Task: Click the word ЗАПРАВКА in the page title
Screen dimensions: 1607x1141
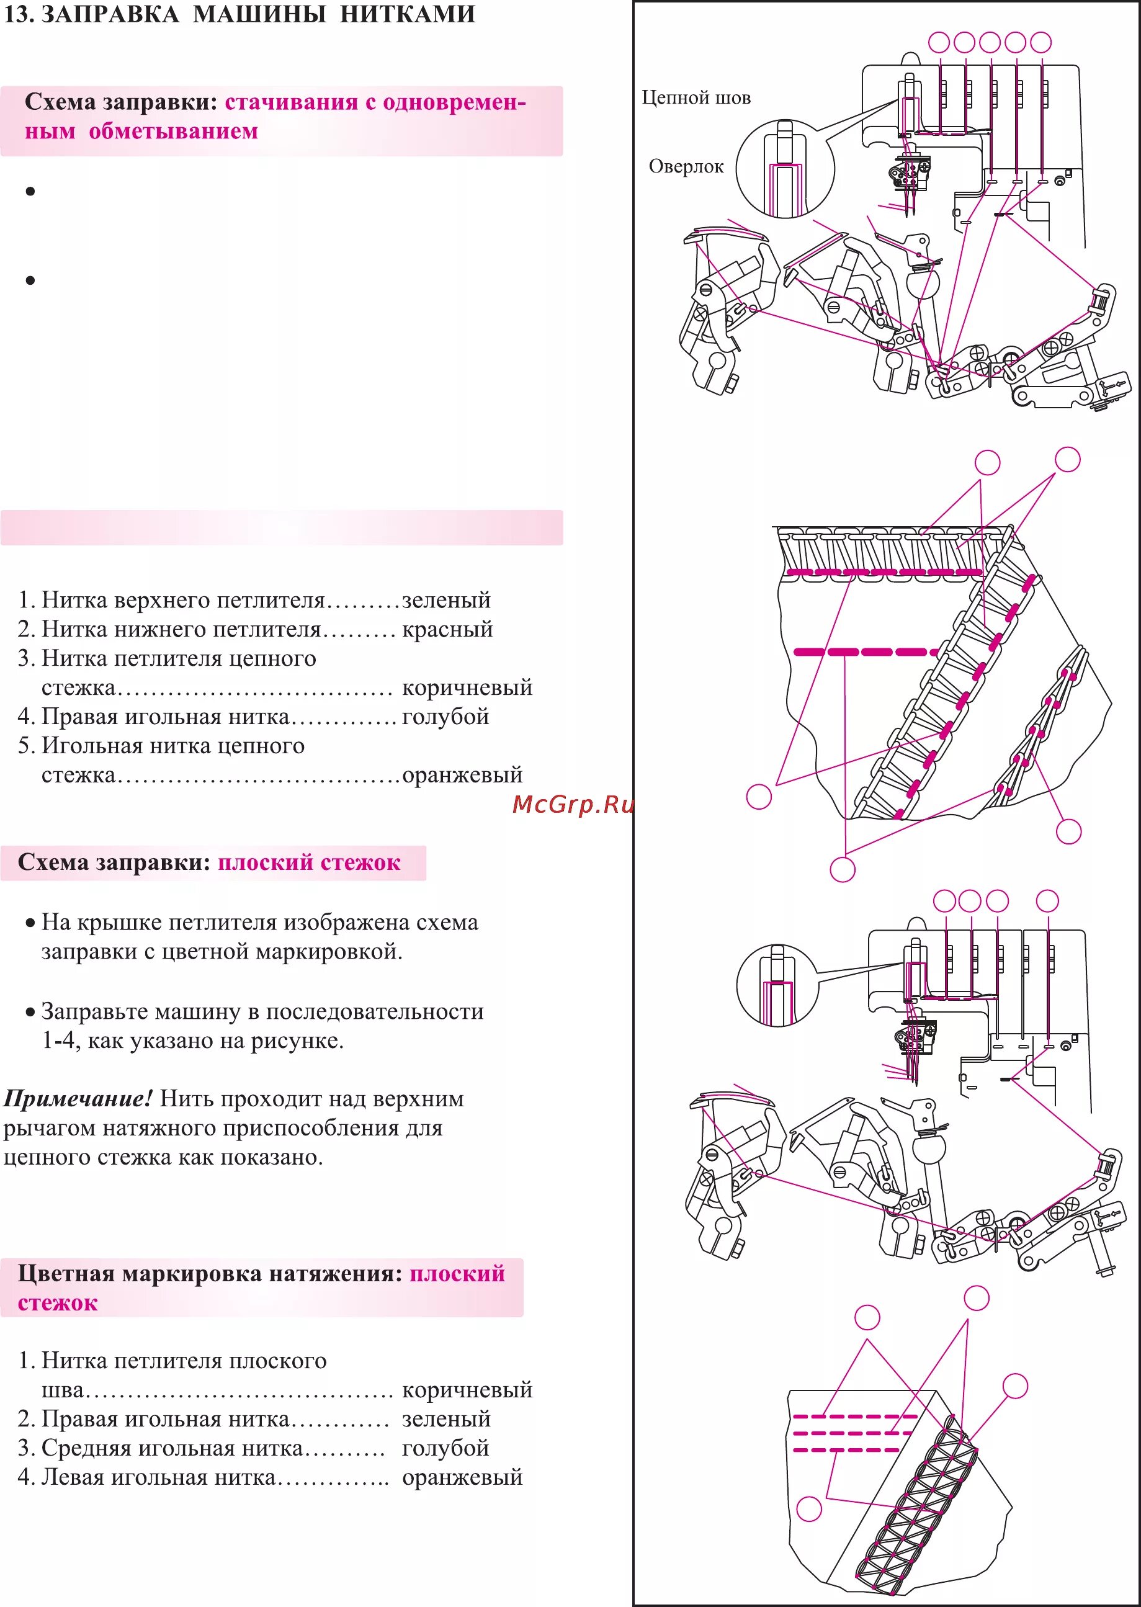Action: click(110, 14)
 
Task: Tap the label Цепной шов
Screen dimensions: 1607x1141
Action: click(696, 97)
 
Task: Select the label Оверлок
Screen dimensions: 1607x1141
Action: click(686, 166)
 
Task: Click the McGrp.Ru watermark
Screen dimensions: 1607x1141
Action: click(573, 804)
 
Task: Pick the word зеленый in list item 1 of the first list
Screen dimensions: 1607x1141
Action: click(446, 600)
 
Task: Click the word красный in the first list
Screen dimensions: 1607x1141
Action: click(447, 629)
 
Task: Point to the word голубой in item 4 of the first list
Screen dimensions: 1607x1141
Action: click(445, 717)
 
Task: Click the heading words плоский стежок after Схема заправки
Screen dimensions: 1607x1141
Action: click(308, 863)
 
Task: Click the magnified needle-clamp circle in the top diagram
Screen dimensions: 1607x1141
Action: click(785, 169)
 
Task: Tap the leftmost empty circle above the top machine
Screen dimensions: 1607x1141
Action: click(939, 42)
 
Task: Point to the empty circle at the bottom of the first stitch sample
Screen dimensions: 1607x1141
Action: click(843, 870)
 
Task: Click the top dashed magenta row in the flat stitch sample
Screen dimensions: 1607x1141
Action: click(854, 1417)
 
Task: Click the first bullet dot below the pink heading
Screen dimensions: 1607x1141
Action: click(30, 191)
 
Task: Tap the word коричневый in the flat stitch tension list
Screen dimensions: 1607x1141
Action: click(467, 1390)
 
